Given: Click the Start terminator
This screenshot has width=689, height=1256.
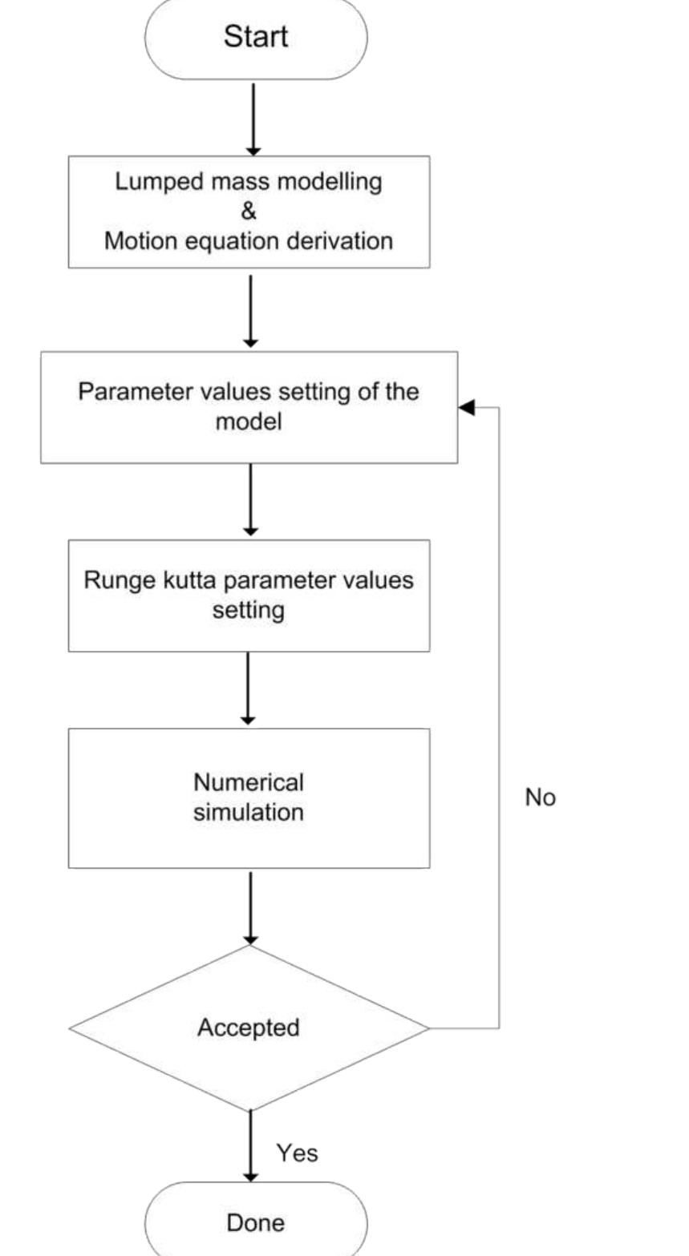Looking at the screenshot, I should (x=255, y=37).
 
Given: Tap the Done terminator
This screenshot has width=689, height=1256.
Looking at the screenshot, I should (x=255, y=1222).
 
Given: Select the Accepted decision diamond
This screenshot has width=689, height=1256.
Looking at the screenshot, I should (x=249, y=1028).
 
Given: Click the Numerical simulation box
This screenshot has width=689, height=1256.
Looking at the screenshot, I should (x=249, y=798).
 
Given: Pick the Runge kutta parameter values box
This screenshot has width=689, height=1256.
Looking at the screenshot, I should (x=249, y=595).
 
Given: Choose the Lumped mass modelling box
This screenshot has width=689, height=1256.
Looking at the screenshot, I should (x=249, y=212).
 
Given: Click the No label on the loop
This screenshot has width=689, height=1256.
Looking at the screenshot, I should (x=540, y=798).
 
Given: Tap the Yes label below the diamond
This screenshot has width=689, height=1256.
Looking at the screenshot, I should (x=297, y=1153).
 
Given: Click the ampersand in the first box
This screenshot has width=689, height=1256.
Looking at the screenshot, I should (x=249, y=212).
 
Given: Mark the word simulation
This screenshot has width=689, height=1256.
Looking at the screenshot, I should (x=249, y=812).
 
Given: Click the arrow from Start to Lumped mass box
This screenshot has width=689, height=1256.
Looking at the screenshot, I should (x=253, y=117).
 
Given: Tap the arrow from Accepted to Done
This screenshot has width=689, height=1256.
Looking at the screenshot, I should (x=251, y=1146).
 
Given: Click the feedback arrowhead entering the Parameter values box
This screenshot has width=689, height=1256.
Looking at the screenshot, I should (x=467, y=408).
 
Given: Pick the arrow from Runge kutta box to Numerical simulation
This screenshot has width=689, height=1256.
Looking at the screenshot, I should (x=249, y=688).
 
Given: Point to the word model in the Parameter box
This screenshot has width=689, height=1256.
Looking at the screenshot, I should (x=249, y=422).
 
